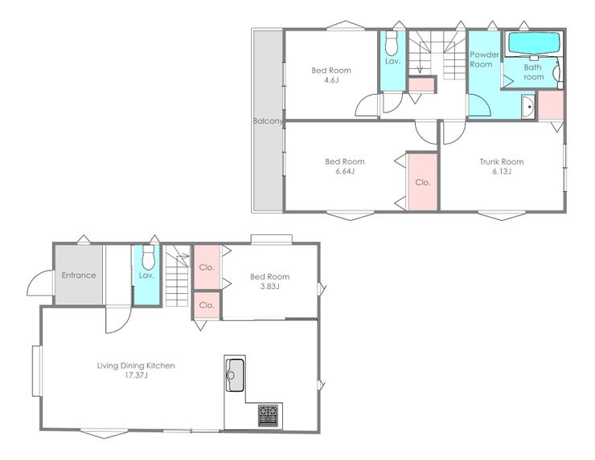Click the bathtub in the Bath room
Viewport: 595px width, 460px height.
tap(534, 43)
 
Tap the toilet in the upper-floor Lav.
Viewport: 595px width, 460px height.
tap(391, 43)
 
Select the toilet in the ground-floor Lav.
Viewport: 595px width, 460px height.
tap(148, 257)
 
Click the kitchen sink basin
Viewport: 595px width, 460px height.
tap(235, 375)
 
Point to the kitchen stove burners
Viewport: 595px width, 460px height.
tap(268, 416)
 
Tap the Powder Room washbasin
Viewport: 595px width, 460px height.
tap(527, 107)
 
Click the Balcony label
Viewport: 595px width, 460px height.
tap(268, 121)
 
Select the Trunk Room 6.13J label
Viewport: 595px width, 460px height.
tap(502, 166)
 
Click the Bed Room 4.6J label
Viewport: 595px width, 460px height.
tap(331, 75)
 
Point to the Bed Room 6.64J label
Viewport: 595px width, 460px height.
tap(345, 166)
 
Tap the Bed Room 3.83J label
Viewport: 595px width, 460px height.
tap(269, 282)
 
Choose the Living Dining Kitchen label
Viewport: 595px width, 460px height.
tap(136, 365)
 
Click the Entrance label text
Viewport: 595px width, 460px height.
tap(79, 275)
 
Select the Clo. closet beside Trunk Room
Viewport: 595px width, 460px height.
tap(423, 182)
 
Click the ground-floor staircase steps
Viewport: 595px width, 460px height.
tap(177, 276)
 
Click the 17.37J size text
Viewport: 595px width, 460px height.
tap(136, 376)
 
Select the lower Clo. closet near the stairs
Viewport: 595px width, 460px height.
tap(207, 305)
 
